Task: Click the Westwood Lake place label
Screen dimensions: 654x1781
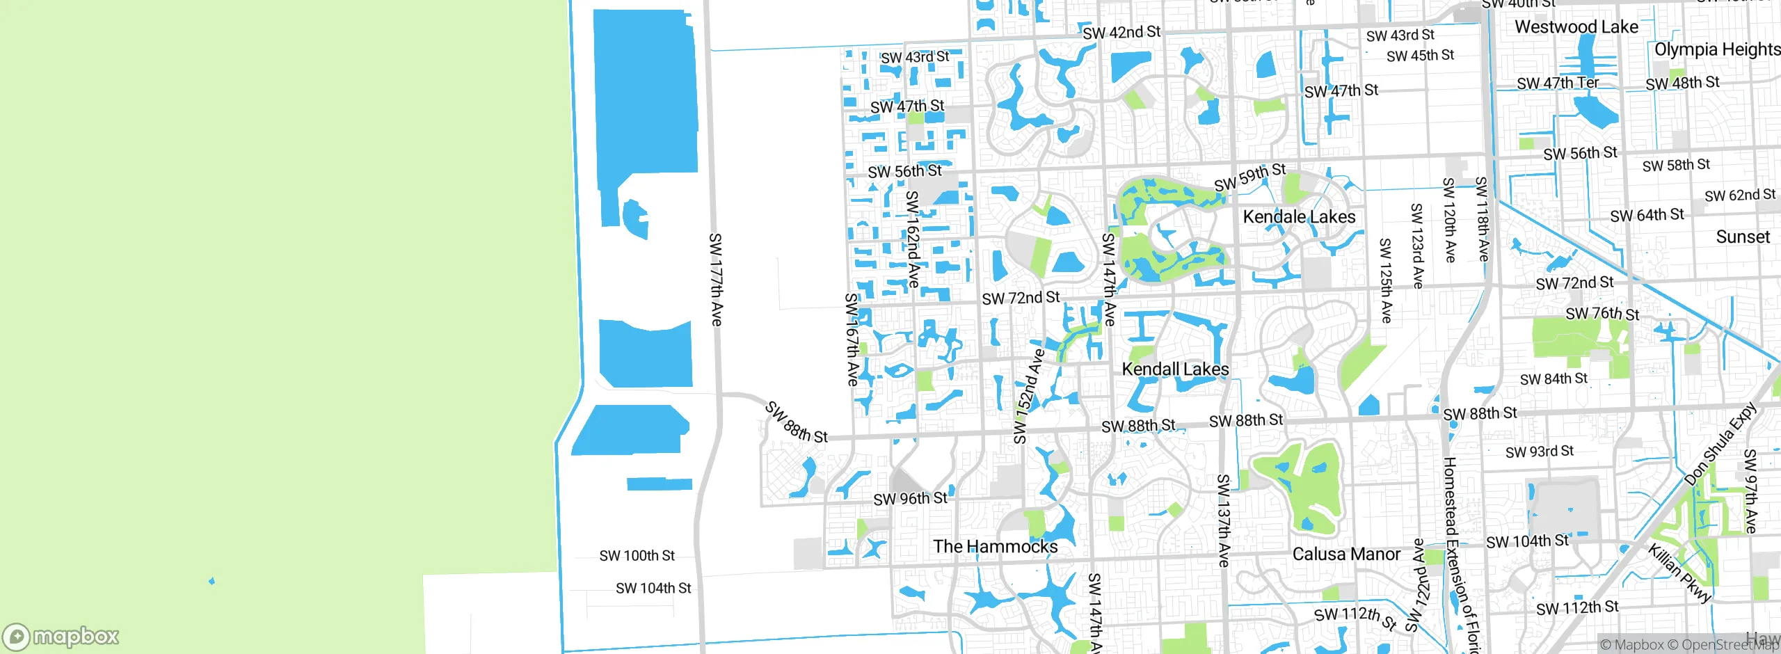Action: (x=1576, y=27)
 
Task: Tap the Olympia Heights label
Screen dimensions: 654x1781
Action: (x=1716, y=49)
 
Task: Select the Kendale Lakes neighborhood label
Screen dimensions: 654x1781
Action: (x=1299, y=217)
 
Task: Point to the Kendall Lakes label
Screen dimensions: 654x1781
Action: (x=1175, y=369)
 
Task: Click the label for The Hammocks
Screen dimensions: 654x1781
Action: (x=995, y=547)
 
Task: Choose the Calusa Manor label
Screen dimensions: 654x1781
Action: (x=1345, y=555)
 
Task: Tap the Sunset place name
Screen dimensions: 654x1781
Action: (x=1742, y=237)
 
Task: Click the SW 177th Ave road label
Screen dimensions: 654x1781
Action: (x=715, y=280)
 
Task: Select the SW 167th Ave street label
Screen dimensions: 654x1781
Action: (x=852, y=340)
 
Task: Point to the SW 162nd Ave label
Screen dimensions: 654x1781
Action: (x=913, y=239)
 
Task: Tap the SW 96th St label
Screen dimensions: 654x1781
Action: (x=910, y=499)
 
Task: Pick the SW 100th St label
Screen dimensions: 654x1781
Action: (x=637, y=556)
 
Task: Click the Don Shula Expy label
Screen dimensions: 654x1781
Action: (x=1720, y=445)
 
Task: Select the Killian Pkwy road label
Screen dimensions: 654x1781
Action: (x=1679, y=573)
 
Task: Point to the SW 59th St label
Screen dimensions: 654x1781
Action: (x=1249, y=177)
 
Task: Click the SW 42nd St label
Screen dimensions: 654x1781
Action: (x=1121, y=33)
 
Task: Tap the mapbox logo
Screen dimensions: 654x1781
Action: (x=61, y=636)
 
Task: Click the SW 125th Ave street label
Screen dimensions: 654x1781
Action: (x=1385, y=280)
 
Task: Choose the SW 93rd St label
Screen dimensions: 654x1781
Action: (x=1539, y=452)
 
